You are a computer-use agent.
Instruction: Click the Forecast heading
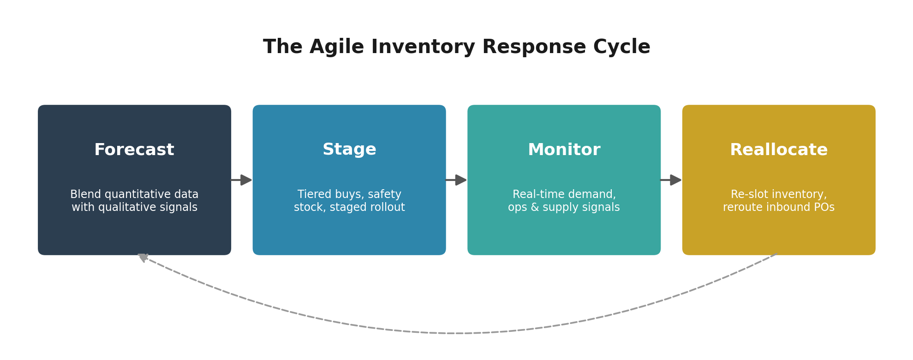pyautogui.click(x=134, y=150)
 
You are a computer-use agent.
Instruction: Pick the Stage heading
pyautogui.click(x=349, y=150)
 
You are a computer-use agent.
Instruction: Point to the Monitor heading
pyautogui.click(x=564, y=150)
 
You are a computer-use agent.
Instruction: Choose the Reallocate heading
pyautogui.click(x=779, y=150)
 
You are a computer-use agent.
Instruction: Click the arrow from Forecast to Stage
pyautogui.click(x=241, y=180)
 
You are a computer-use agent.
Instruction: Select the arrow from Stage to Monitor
pyautogui.click(x=456, y=180)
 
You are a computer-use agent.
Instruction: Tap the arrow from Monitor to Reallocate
pyautogui.click(x=671, y=180)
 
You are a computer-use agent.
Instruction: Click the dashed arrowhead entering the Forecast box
pyautogui.click(x=143, y=257)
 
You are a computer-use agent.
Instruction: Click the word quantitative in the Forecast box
pyautogui.click(x=131, y=195)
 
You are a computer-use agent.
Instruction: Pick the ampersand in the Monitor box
pyautogui.click(x=534, y=208)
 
